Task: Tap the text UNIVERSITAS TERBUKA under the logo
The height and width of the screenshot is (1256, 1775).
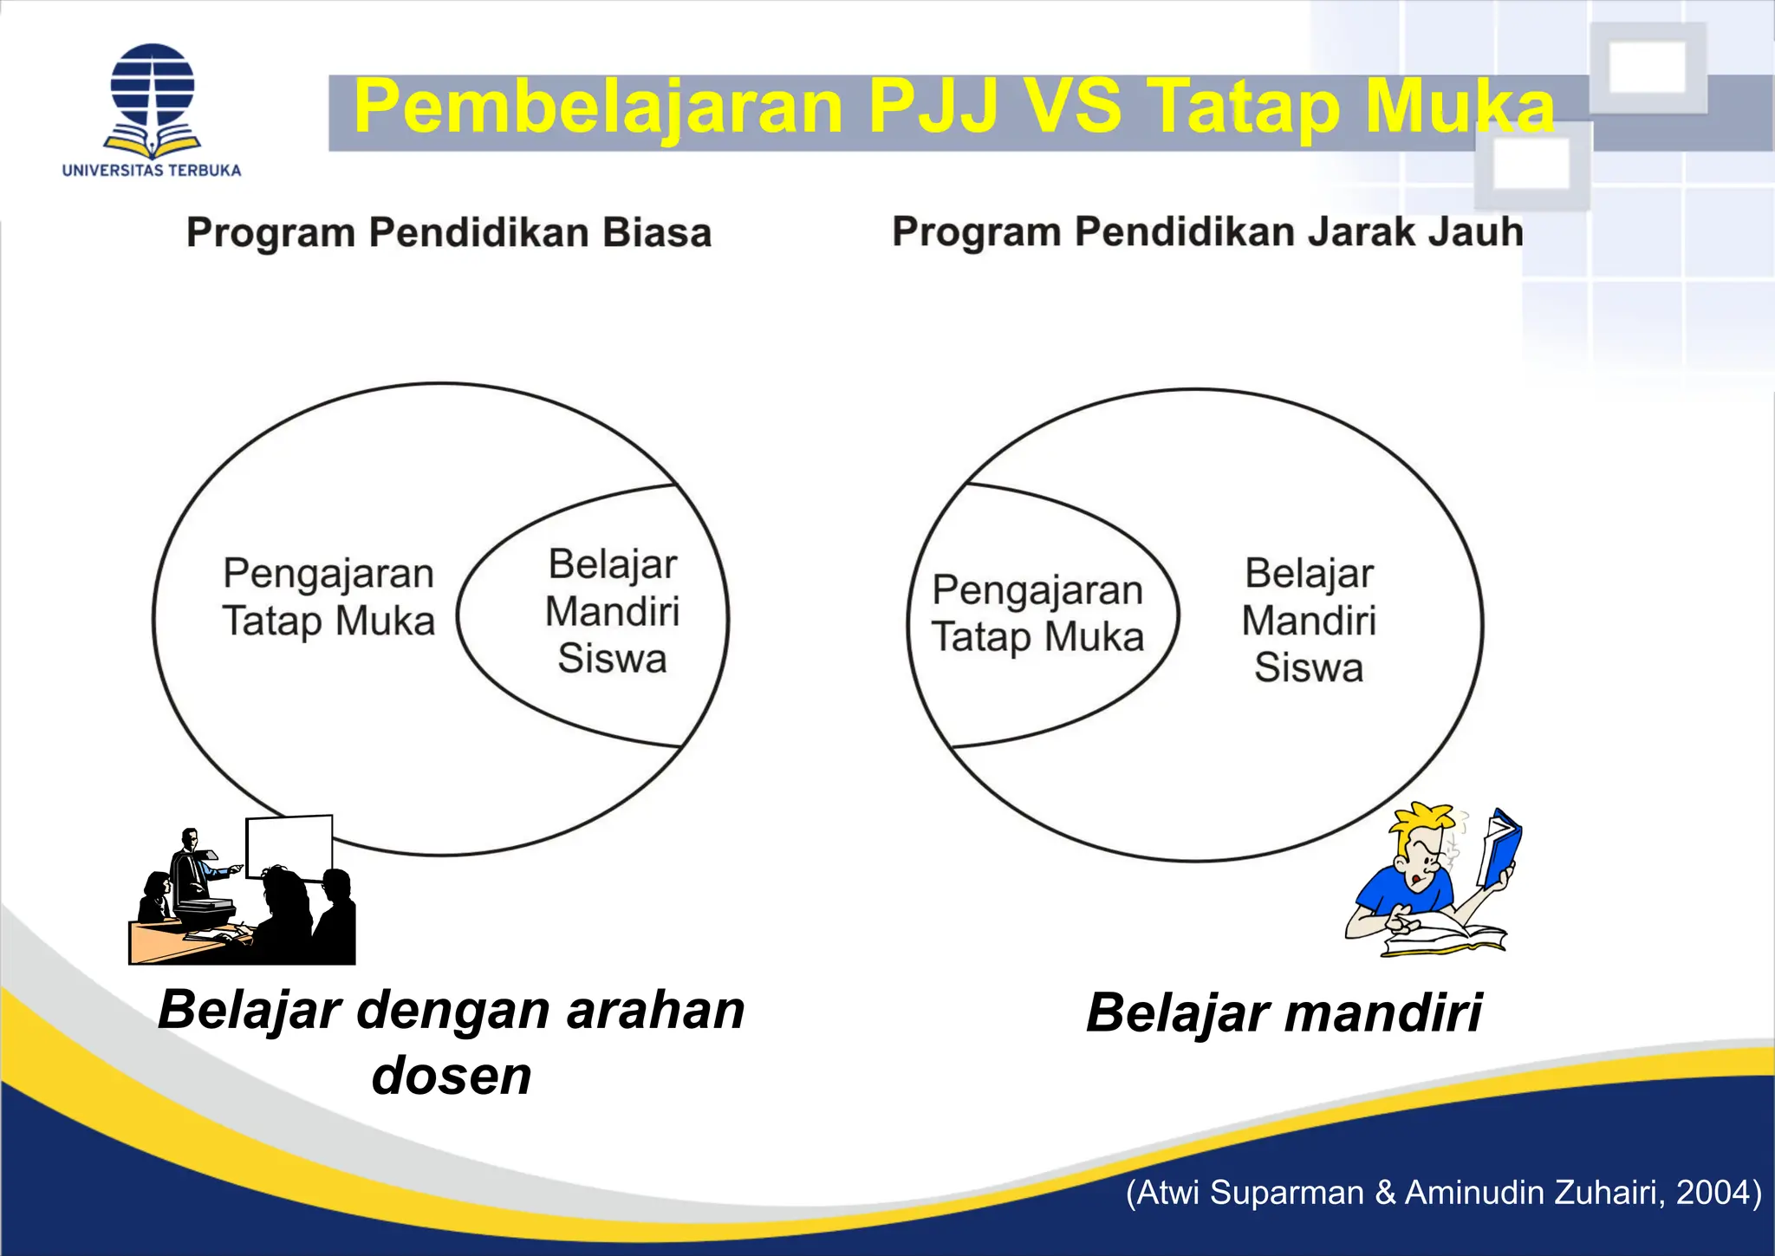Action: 152,170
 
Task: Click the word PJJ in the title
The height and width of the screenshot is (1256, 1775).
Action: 933,107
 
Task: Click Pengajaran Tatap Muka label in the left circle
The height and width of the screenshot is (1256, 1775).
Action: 328,597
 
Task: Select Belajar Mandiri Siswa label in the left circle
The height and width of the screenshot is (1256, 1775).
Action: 613,611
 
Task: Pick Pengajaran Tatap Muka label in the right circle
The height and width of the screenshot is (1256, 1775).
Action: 1037,613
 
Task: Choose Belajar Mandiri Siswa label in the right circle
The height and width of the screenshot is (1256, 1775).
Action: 1309,621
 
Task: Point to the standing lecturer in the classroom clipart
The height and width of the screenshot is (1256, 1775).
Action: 190,867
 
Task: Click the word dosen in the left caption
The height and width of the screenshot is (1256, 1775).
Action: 452,1076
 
